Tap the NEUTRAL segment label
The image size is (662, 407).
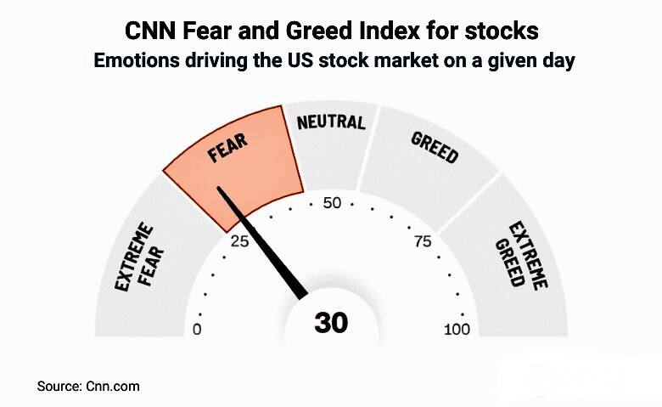coord(331,122)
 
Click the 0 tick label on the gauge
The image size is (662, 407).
coord(198,330)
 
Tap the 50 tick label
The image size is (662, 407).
coord(332,204)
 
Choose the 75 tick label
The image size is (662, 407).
coord(423,240)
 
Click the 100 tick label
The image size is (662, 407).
coord(457,330)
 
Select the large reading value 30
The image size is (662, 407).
coord(331,323)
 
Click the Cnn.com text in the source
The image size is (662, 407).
coord(112,386)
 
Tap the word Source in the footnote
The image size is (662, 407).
coord(59,386)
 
